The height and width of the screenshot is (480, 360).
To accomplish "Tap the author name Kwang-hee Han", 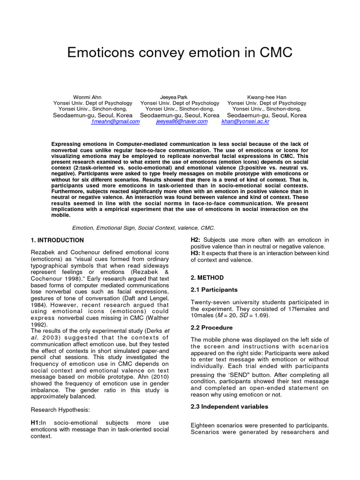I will (x=267, y=97).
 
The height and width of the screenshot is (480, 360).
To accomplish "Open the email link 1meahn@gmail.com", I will (x=115, y=121).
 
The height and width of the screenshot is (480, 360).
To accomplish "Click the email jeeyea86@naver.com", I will (x=181, y=121).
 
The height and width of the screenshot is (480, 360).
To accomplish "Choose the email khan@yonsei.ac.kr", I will (x=246, y=121).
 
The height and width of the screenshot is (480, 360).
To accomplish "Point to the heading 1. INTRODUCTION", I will (x=57, y=240).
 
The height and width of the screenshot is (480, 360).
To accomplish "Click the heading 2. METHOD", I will (x=207, y=277).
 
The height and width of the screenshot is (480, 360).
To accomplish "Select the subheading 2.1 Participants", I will (x=214, y=290).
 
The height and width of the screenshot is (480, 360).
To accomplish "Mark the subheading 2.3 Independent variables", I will (x=229, y=407).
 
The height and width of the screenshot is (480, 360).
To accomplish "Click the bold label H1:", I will (x=36, y=423).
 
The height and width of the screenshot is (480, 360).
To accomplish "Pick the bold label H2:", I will (x=196, y=240).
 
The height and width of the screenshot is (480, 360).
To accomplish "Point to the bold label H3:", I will (x=195, y=254).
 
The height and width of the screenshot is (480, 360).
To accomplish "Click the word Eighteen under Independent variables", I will (x=204, y=426).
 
